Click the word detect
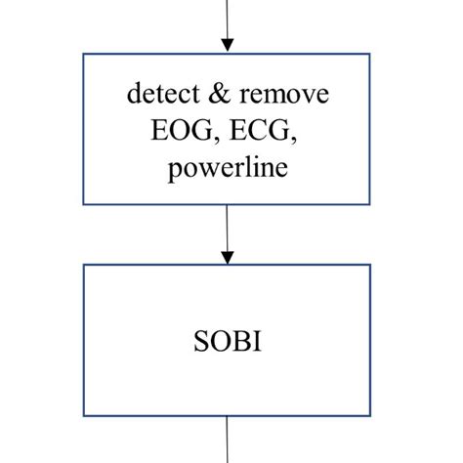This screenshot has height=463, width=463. [156, 95]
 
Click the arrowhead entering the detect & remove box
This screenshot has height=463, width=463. [227, 45]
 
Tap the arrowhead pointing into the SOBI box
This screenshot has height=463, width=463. [227, 257]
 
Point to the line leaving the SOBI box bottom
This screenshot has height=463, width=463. [227, 440]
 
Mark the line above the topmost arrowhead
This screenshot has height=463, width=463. [227, 18]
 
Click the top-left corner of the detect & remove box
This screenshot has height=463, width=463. [84, 54]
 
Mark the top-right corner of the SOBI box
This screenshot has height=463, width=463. [370, 265]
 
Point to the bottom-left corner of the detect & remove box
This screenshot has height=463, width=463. [84, 203]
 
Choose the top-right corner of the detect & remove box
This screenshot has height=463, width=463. [370, 54]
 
